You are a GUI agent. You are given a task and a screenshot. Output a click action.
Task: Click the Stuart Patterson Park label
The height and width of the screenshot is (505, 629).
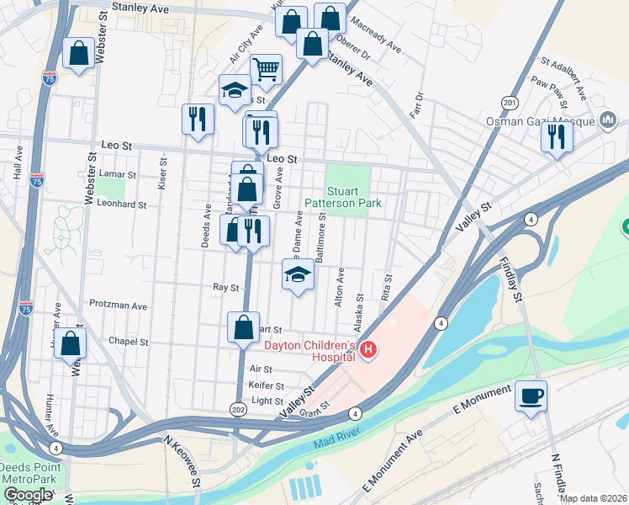coord(354,197)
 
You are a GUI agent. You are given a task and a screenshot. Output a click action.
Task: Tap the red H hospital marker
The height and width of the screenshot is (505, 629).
coord(367,349)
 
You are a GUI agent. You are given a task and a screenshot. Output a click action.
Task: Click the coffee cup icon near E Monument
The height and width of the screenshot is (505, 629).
coord(531,396)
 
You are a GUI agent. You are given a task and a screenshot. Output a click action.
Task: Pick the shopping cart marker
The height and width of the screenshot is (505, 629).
coord(267,70)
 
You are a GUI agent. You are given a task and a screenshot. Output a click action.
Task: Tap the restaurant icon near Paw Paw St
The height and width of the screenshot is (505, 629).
coord(557,136)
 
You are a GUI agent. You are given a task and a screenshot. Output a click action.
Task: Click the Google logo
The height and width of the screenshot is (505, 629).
coord(27,494)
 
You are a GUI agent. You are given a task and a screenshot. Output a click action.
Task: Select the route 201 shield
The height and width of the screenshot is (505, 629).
coord(509,103)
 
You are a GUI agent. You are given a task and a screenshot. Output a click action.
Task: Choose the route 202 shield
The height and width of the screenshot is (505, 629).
coord(238,408)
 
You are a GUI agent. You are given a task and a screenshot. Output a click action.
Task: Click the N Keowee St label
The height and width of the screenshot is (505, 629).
coord(182,460)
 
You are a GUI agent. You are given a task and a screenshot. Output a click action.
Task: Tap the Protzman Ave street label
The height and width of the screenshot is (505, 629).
coord(119,306)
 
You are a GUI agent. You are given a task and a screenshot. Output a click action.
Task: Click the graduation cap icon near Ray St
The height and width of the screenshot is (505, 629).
coord(297,275)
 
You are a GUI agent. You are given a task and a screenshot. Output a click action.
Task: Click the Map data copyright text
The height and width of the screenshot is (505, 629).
coord(593,498)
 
